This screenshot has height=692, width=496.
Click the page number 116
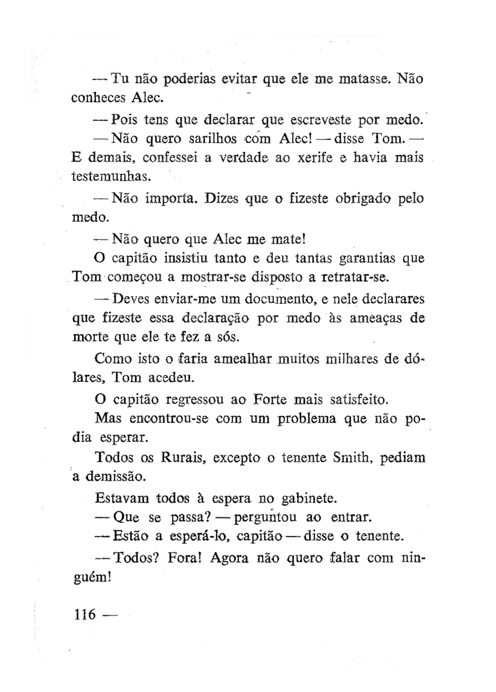coord(85,614)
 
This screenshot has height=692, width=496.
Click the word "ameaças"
coord(376,318)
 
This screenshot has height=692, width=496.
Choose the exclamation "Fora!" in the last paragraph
coord(184,558)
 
